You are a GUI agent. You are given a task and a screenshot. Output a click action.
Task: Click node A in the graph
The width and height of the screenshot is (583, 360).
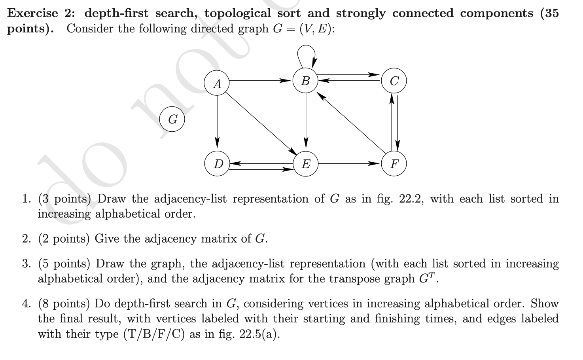[x=217, y=83]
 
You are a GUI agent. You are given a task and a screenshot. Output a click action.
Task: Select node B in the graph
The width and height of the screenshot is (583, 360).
[x=305, y=81]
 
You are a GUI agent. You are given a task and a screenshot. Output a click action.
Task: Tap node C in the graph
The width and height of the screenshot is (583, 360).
[x=394, y=81]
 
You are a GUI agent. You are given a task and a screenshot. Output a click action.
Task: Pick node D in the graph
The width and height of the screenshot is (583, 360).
[x=217, y=163]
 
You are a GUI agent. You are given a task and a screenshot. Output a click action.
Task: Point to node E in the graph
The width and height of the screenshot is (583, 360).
[x=305, y=163]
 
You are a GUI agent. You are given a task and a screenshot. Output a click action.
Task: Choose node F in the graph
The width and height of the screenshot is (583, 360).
[x=394, y=163]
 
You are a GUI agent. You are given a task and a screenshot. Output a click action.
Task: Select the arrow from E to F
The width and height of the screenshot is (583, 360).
[x=348, y=163]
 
